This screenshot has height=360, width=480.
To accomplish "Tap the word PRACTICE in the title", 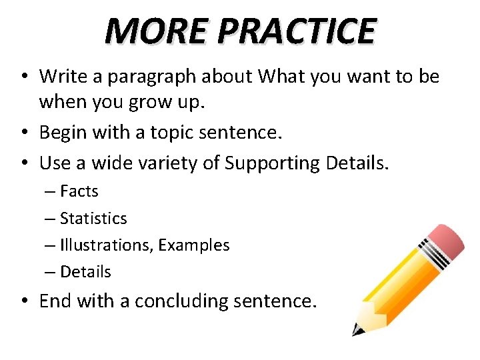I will [x=296, y=31].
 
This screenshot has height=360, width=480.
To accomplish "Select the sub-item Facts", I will [x=79, y=191].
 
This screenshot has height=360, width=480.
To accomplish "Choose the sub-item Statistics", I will [x=93, y=218].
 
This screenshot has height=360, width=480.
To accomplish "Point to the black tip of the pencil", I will [x=357, y=329].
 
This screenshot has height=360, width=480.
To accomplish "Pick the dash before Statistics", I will [x=51, y=219].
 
